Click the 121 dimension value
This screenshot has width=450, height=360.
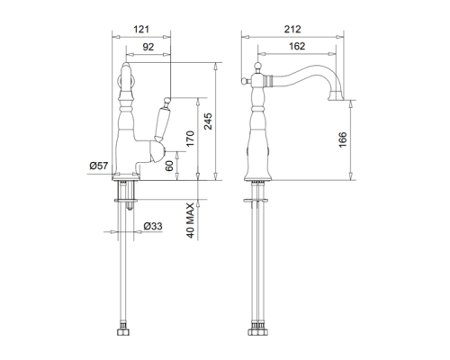click(141, 30)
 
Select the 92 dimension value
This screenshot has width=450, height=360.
click(148, 47)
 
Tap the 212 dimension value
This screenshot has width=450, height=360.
click(292, 29)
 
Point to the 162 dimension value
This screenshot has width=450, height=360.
click(297, 46)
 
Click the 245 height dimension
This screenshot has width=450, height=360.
click(208, 121)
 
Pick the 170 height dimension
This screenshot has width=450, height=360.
click(190, 139)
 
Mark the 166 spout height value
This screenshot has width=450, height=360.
click(343, 139)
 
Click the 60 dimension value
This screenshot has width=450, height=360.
click(169, 166)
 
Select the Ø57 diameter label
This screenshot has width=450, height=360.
click(99, 166)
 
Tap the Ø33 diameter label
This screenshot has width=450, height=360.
click(153, 226)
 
